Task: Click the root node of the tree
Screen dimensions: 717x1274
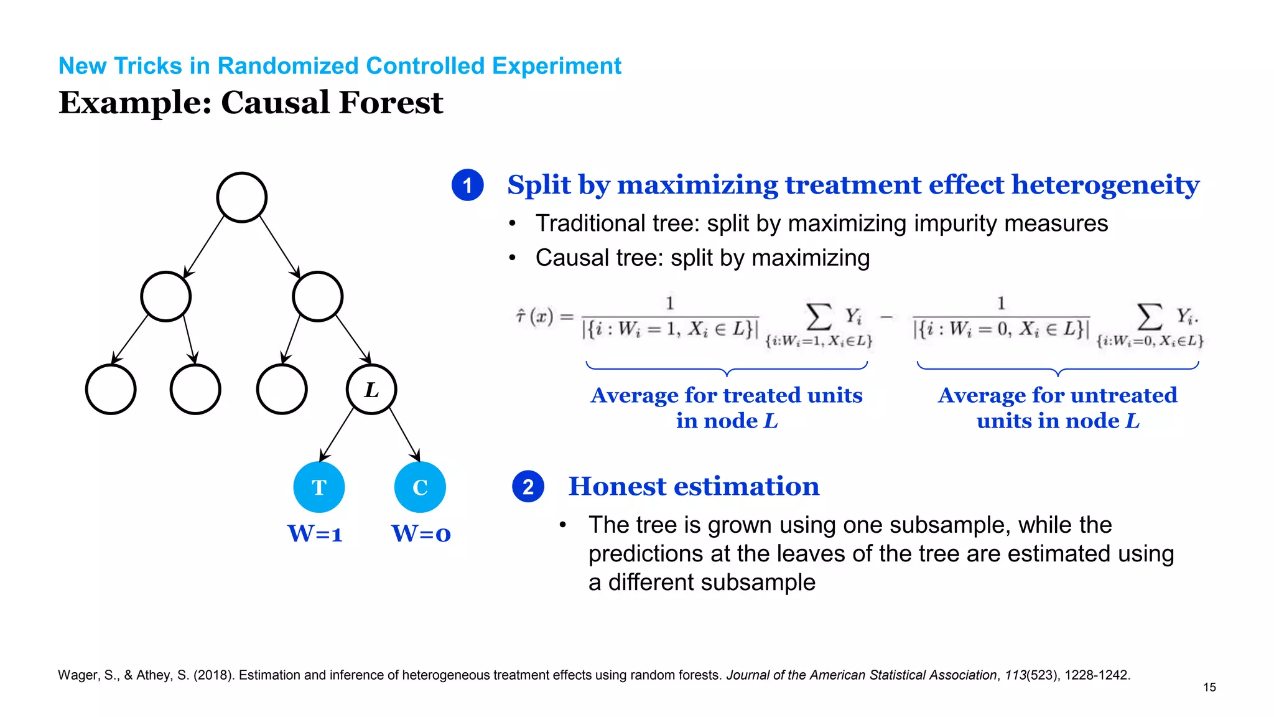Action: (x=242, y=197)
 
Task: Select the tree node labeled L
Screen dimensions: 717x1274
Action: (x=371, y=390)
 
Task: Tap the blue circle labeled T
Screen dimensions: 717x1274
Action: (x=319, y=487)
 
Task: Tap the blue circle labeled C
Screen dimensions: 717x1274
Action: (x=420, y=487)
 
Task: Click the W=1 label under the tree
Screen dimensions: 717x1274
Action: (x=315, y=534)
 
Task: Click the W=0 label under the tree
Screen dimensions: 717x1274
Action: (x=421, y=534)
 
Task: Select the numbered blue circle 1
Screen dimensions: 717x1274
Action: (x=468, y=185)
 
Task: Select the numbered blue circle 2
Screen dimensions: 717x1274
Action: (x=528, y=487)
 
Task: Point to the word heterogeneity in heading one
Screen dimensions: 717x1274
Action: (x=1105, y=185)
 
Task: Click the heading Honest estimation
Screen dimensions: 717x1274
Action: (x=694, y=486)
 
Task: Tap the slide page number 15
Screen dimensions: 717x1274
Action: (x=1209, y=687)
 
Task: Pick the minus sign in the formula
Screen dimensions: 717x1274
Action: (x=887, y=317)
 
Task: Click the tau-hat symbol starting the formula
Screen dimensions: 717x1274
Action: (x=521, y=316)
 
